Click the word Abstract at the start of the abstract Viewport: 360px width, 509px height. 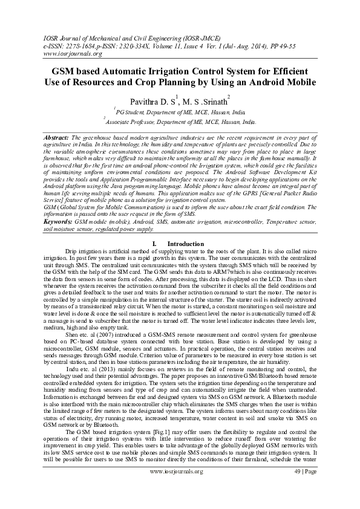[57, 138]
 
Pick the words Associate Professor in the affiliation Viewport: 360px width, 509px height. [133, 122]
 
